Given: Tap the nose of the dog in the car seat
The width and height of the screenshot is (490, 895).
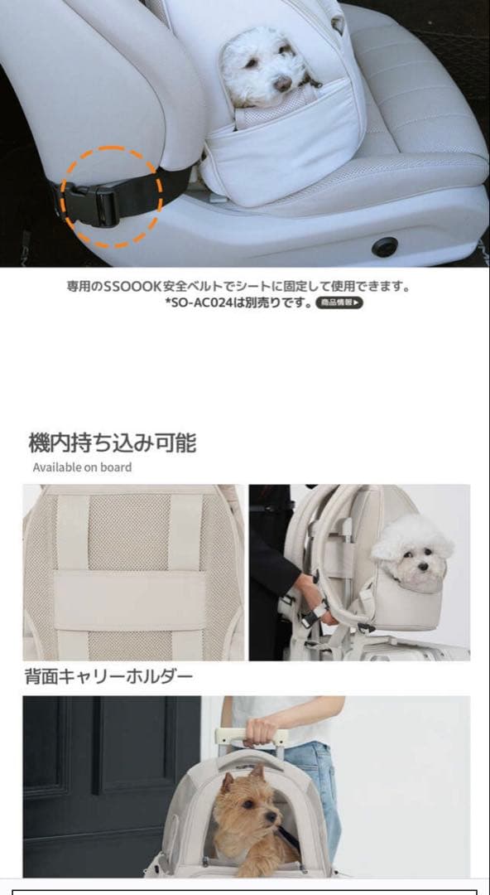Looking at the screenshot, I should pos(283,84).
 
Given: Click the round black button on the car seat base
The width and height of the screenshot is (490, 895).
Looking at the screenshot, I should pos(384,246).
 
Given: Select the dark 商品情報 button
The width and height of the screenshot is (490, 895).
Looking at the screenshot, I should pos(339,303).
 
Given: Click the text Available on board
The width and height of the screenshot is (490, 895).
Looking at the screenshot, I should pos(82,467).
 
